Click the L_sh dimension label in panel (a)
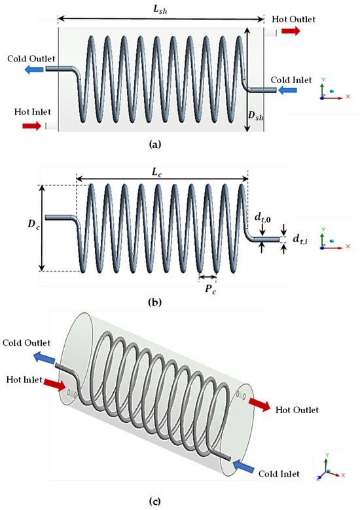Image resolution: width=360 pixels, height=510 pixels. pyautogui.click(x=160, y=9)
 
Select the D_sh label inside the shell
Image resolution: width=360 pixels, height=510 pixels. pyautogui.click(x=256, y=115)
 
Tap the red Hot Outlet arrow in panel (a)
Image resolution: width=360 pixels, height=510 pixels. pyautogui.click(x=291, y=31)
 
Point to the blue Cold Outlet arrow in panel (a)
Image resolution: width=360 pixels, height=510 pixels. pyautogui.click(x=34, y=69)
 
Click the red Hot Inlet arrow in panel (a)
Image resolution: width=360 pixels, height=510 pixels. pyautogui.click(x=32, y=126)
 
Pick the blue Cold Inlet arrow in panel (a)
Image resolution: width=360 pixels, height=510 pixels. pyautogui.click(x=288, y=90)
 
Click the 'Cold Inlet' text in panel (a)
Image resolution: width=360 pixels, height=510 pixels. pyautogui.click(x=291, y=80)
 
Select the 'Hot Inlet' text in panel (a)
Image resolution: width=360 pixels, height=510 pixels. pyautogui.click(x=33, y=112)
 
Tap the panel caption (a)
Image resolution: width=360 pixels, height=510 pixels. pyautogui.click(x=154, y=145)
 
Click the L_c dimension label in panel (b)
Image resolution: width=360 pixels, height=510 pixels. pyautogui.click(x=156, y=172)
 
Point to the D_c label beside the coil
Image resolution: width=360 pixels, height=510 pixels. pyautogui.click(x=33, y=225)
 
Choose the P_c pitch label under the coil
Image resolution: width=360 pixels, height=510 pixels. pyautogui.click(x=210, y=289)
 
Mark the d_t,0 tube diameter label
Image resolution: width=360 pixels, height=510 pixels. pyautogui.click(x=262, y=217)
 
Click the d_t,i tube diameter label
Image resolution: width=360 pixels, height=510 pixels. pyautogui.click(x=301, y=239)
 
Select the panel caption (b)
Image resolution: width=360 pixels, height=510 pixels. pyautogui.click(x=154, y=303)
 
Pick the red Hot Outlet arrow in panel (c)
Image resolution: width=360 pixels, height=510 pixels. pyautogui.click(x=259, y=405)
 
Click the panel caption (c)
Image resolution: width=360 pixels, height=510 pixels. pyautogui.click(x=154, y=501)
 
